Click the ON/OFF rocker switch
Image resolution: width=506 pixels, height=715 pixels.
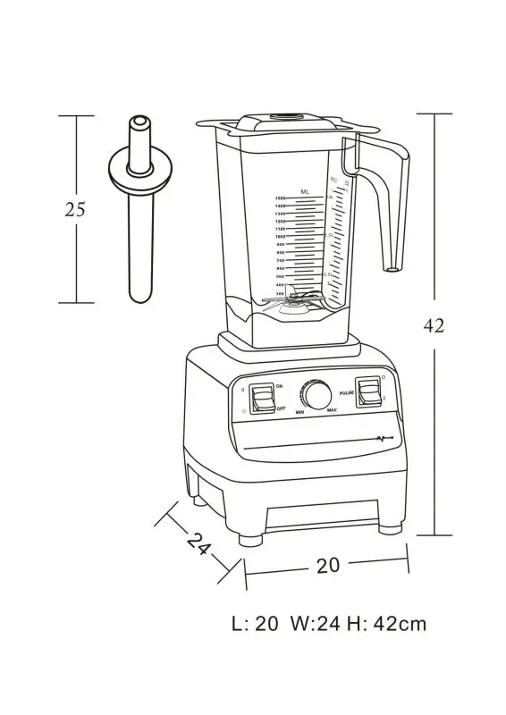click(263, 399)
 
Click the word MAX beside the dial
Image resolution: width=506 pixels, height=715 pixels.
click(332, 410)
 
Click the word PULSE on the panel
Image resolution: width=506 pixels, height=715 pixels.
click(345, 391)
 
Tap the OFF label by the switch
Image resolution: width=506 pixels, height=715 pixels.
click(280, 408)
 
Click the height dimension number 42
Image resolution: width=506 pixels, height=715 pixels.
click(434, 326)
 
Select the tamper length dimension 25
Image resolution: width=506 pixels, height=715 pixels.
click(75, 211)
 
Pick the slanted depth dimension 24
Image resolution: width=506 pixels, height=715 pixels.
click(198, 543)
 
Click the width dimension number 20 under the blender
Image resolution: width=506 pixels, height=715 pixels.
click(327, 565)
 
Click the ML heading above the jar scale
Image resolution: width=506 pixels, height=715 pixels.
click(305, 191)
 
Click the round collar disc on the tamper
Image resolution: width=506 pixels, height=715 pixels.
click(139, 170)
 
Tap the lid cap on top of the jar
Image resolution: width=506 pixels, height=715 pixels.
click(289, 117)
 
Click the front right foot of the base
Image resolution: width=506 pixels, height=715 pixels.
click(390, 528)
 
